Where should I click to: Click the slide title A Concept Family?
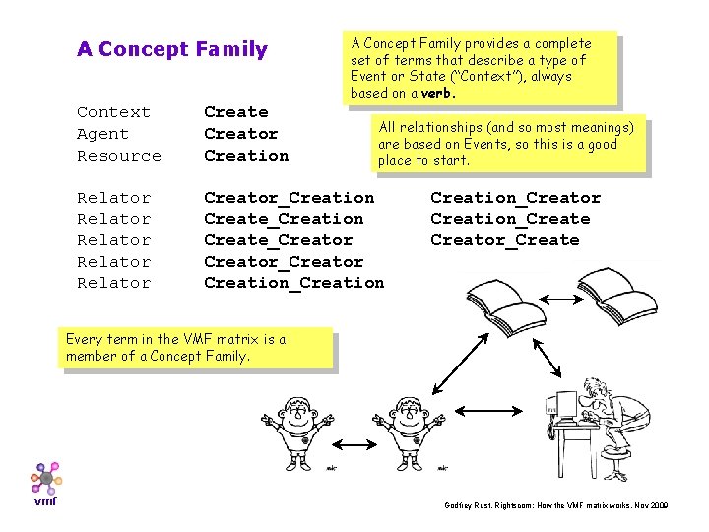pyautogui.click(x=171, y=49)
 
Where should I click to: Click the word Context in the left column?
pyautogui.click(x=113, y=112)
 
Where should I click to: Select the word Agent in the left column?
pyautogui.click(x=102, y=134)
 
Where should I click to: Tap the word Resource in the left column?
pyautogui.click(x=118, y=156)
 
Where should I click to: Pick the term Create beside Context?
pyautogui.click(x=235, y=112)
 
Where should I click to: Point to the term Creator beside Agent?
pyautogui.click(x=240, y=134)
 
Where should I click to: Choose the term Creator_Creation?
pyautogui.click(x=289, y=198)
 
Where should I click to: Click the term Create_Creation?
pyautogui.click(x=283, y=219)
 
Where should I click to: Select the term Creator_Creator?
pyautogui.click(x=283, y=262)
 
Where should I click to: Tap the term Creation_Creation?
pyautogui.click(x=293, y=283)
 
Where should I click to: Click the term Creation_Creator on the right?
pyautogui.click(x=515, y=198)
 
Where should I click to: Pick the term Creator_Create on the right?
pyautogui.click(x=504, y=240)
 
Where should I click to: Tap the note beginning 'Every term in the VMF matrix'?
pyautogui.click(x=198, y=348)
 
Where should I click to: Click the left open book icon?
pyautogui.click(x=500, y=294)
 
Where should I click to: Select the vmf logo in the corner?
pyautogui.click(x=45, y=484)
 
